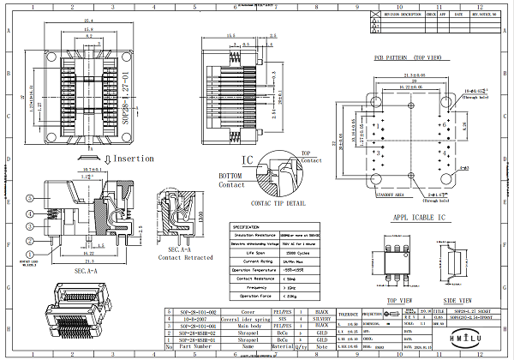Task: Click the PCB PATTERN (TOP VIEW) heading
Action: coord(408,58)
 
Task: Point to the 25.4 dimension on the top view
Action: coord(89,20)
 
